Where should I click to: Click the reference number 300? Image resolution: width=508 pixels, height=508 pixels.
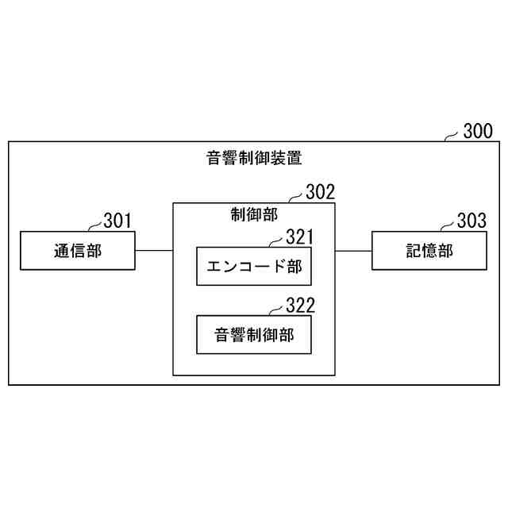click(477, 131)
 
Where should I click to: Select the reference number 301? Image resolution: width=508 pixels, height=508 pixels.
click(117, 220)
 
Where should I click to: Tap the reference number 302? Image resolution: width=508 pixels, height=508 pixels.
click(321, 191)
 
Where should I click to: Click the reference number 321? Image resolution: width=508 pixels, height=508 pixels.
click(299, 237)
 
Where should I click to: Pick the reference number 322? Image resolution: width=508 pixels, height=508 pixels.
click(299, 306)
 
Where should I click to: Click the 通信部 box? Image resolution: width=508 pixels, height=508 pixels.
click(78, 251)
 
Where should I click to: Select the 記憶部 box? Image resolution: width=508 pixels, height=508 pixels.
click(429, 251)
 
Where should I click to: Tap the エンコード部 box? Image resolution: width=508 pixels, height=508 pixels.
click(254, 267)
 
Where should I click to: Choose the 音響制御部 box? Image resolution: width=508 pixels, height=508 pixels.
click(254, 335)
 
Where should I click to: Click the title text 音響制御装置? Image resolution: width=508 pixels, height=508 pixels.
click(254, 157)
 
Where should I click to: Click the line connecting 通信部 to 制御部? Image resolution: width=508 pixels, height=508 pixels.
click(154, 251)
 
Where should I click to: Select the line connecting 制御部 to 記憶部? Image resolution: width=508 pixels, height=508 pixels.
click(353, 251)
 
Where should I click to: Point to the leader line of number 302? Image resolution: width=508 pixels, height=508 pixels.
click(297, 198)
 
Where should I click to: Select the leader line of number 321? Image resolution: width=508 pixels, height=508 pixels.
click(275, 244)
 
